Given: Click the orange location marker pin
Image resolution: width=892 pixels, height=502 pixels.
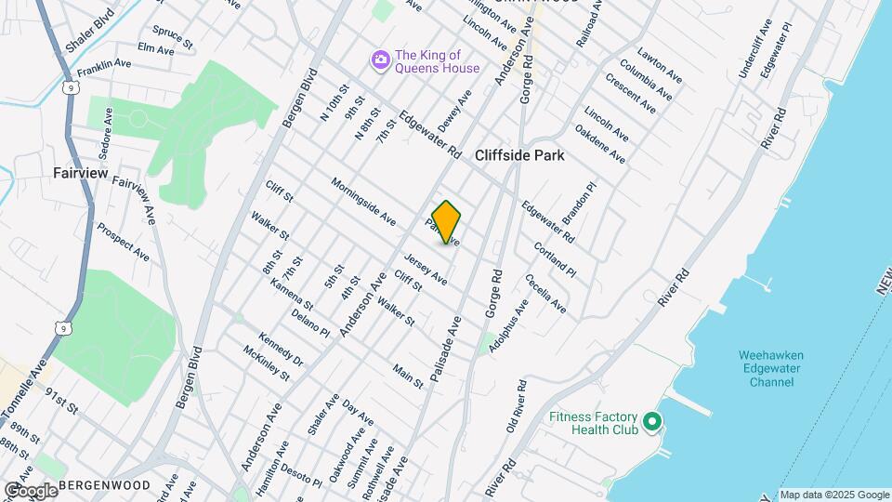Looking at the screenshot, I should coord(447,222).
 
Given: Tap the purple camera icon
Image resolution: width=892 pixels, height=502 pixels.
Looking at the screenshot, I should coord(379,60).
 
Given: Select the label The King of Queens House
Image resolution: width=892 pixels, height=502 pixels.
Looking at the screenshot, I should coord(437,60).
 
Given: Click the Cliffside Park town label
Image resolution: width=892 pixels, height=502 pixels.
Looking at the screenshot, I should coord(519,156).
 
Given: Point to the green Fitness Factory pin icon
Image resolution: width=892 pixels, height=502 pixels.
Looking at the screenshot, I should coord(651,423).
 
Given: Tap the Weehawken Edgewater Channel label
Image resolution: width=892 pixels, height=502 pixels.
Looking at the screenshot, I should coord(770,369).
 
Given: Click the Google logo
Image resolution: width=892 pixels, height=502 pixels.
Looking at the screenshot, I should coord(30,490).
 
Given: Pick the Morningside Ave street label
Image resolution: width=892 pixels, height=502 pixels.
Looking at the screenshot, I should coord(363,202).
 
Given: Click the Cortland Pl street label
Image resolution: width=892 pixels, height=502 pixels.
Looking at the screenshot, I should coord(555,260).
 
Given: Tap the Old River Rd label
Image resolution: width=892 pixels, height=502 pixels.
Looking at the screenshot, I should coord(516,405).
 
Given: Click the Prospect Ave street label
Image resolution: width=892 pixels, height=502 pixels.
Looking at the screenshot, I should coord(123,241).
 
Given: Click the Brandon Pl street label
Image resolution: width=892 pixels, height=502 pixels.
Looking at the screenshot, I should coord(578,201).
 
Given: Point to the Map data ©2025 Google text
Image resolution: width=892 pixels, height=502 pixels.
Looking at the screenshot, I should coord(833,495).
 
